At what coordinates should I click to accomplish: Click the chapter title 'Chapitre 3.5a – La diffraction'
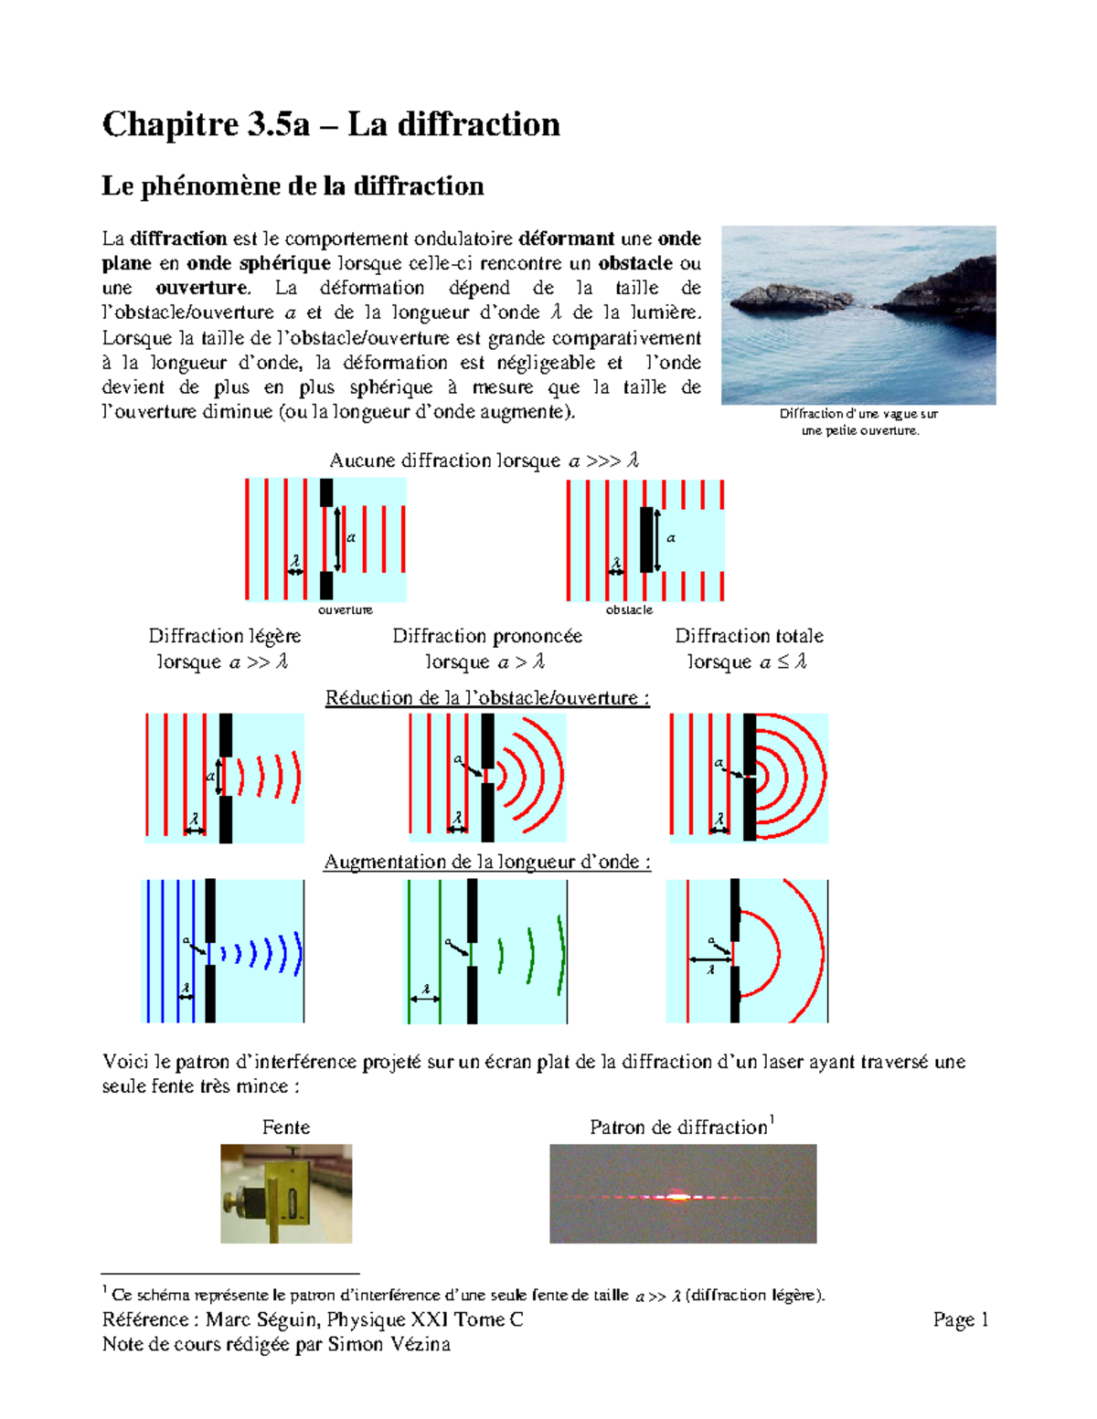331,124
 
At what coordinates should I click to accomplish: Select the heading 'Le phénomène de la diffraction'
293,186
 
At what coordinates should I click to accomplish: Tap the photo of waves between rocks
858,315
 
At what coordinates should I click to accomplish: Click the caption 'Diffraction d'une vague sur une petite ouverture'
859,422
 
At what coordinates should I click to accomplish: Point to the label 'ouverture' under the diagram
345,609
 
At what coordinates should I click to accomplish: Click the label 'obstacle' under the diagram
629,609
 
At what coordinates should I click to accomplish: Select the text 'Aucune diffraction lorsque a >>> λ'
484,461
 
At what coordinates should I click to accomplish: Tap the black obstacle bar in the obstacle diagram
647,539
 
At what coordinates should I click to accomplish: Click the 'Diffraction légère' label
224,636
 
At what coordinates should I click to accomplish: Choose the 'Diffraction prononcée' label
487,636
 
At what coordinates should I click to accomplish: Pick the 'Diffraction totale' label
749,636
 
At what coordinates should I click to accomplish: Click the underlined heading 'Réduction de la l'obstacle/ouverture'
487,698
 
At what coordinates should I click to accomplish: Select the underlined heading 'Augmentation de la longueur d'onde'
487,862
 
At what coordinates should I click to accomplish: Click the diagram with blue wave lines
225,951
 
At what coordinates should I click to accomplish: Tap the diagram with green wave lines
486,951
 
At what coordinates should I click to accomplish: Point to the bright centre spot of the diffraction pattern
677,1195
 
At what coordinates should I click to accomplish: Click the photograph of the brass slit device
286,1193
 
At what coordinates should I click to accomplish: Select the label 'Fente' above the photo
286,1128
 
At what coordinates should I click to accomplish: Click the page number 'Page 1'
961,1319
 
